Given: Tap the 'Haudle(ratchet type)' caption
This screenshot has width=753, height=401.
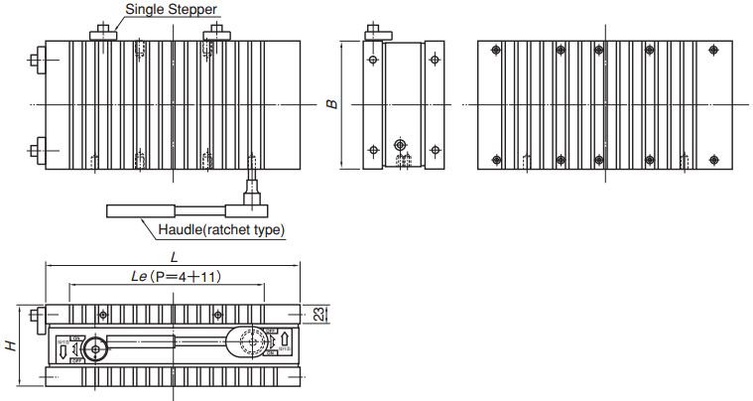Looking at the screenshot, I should (223, 230).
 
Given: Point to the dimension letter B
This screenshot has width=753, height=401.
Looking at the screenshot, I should (333, 103).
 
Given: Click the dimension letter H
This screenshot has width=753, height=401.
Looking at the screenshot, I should (10, 346).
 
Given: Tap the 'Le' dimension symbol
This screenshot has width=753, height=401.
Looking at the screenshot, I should (139, 278).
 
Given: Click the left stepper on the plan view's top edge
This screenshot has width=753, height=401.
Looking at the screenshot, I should (102, 35).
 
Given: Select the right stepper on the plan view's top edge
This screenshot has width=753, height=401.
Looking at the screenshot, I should (216, 35).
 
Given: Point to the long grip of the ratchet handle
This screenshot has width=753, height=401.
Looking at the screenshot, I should (142, 209).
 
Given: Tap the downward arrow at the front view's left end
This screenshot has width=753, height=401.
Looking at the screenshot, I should (62, 348).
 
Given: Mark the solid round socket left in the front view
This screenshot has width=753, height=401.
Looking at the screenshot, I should (95, 349).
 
